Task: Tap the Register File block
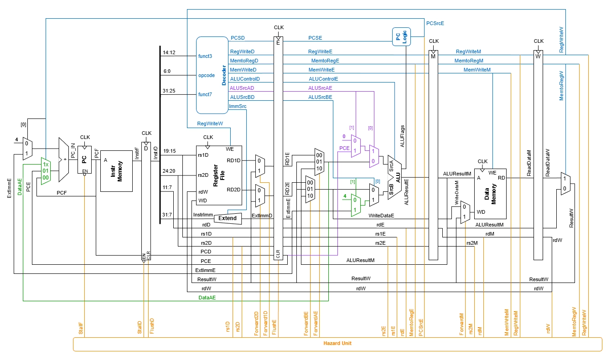219,175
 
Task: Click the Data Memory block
490,193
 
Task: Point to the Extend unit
228,218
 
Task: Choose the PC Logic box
402,36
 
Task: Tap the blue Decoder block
212,75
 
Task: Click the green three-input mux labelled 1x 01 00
45,171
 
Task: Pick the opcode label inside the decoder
206,76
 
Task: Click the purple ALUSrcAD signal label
242,88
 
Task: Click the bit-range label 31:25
169,91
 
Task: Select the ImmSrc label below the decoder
237,107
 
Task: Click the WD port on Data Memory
481,212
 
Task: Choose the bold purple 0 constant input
344,136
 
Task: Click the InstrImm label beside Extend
203,215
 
